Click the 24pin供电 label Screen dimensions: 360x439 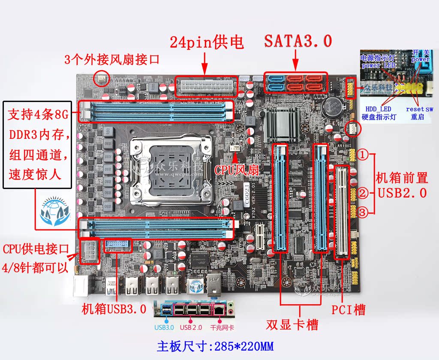point(207,42)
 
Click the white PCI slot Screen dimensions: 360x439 point(342,213)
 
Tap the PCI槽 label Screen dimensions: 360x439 point(349,309)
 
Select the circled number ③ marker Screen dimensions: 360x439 point(363,212)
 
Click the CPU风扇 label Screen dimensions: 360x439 point(237,170)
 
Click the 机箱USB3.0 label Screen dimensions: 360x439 point(114,309)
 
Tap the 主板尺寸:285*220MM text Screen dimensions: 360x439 point(215,346)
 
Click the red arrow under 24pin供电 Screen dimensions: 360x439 point(204,63)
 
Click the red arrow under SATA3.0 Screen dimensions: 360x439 point(296,60)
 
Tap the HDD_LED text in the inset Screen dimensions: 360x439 point(379,109)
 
